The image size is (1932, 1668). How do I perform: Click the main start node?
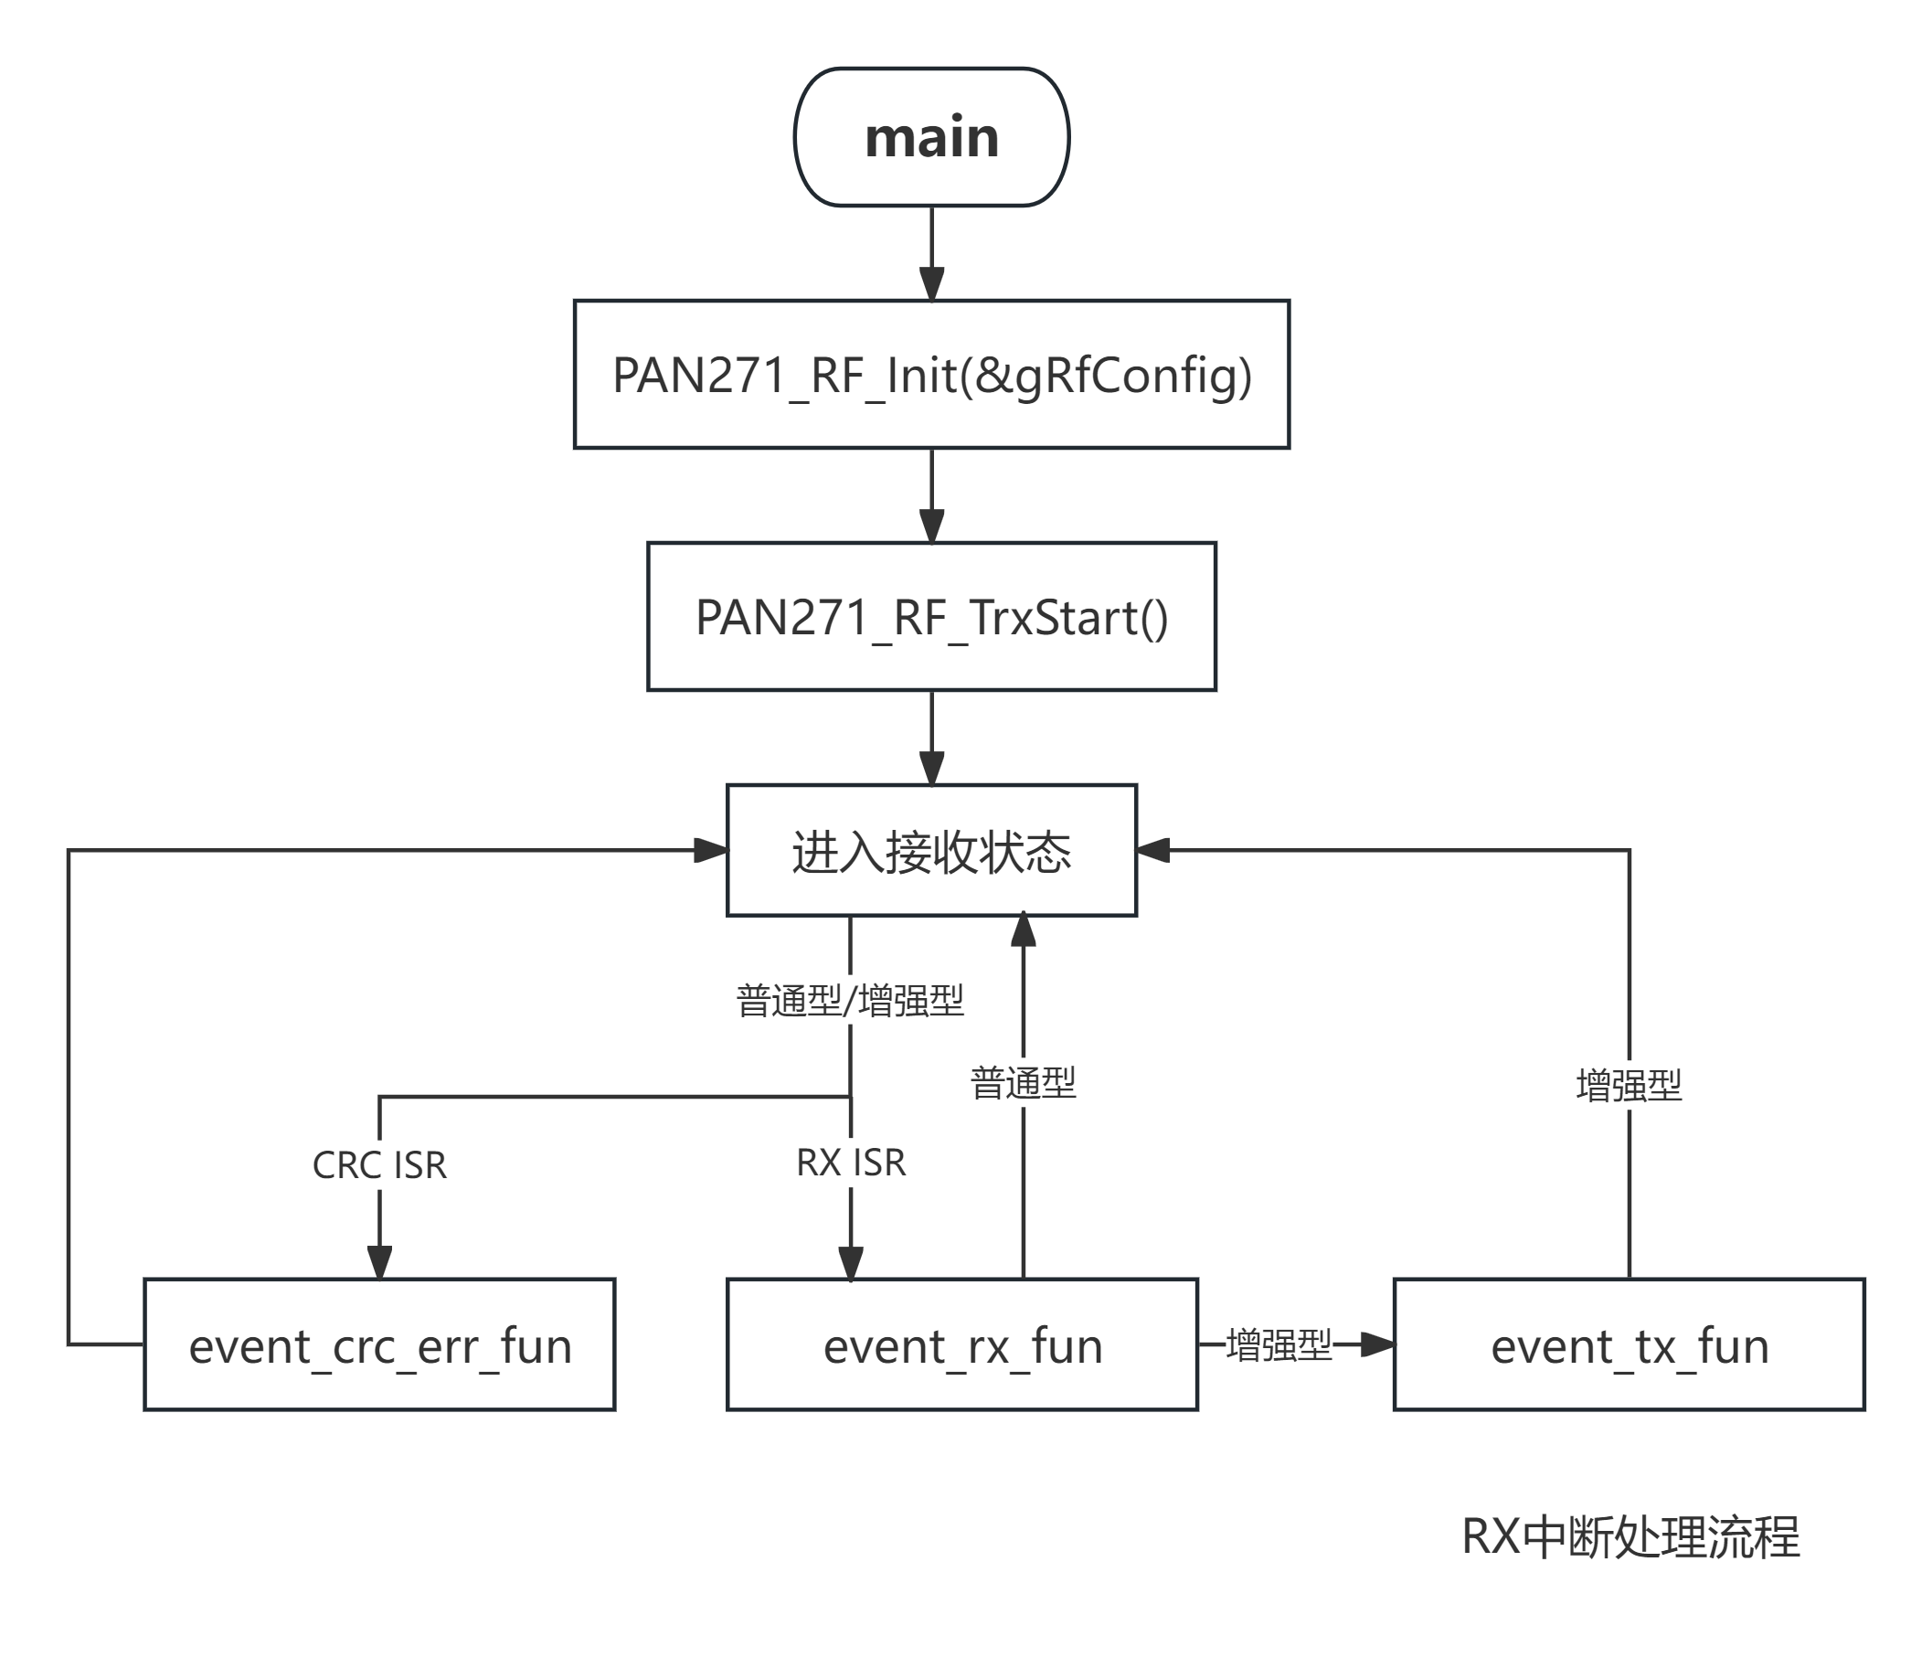pos(931,137)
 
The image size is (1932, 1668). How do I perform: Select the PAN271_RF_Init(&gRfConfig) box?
pos(931,375)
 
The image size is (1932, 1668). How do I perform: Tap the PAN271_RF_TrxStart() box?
pos(931,617)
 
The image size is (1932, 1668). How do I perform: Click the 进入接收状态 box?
pos(931,851)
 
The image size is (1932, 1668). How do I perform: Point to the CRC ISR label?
pos(379,1165)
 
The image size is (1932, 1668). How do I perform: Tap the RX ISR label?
pos(850,1163)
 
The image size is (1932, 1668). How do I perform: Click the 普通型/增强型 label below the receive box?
pos(849,1001)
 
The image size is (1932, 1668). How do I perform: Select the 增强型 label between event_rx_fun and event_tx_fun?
pos(1279,1344)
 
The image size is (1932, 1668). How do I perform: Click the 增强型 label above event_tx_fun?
pos(1629,1085)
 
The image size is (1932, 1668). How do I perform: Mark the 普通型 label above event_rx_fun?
pos(1023,1082)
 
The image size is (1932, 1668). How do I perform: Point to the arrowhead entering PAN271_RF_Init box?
pos(931,284)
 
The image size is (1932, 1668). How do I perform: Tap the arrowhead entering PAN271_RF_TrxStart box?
pos(931,526)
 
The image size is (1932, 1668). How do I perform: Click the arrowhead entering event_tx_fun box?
pos(1377,1344)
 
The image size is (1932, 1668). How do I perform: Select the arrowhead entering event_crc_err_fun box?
pos(379,1262)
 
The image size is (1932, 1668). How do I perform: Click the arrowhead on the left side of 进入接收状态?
pos(710,850)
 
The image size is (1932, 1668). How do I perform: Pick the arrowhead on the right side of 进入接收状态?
pos(1153,850)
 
